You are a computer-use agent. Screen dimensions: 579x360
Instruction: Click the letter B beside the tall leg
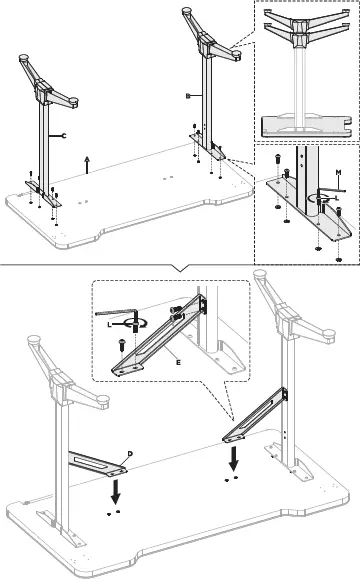(x=187, y=94)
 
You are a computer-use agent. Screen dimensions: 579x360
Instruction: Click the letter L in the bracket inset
(x=109, y=325)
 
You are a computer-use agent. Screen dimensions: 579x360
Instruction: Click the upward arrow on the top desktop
(x=87, y=165)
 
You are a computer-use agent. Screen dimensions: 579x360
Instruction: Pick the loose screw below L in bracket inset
(x=123, y=342)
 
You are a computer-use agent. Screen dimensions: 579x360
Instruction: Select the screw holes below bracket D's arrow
(x=113, y=511)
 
